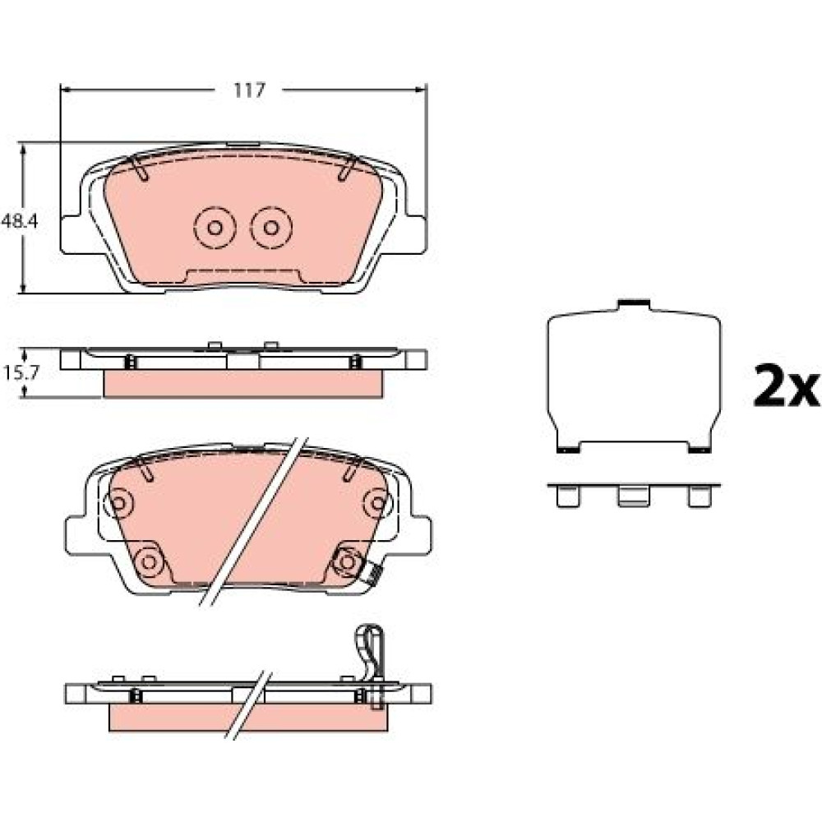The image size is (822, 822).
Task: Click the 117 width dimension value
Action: click(250, 90)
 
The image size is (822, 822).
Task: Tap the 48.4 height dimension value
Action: click(20, 221)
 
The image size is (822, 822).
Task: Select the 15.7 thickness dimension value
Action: click(21, 372)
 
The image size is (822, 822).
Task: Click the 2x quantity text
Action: click(786, 387)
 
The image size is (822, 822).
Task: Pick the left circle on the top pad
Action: click(215, 228)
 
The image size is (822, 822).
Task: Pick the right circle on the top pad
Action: click(271, 228)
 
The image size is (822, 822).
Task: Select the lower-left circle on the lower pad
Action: click(149, 562)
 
